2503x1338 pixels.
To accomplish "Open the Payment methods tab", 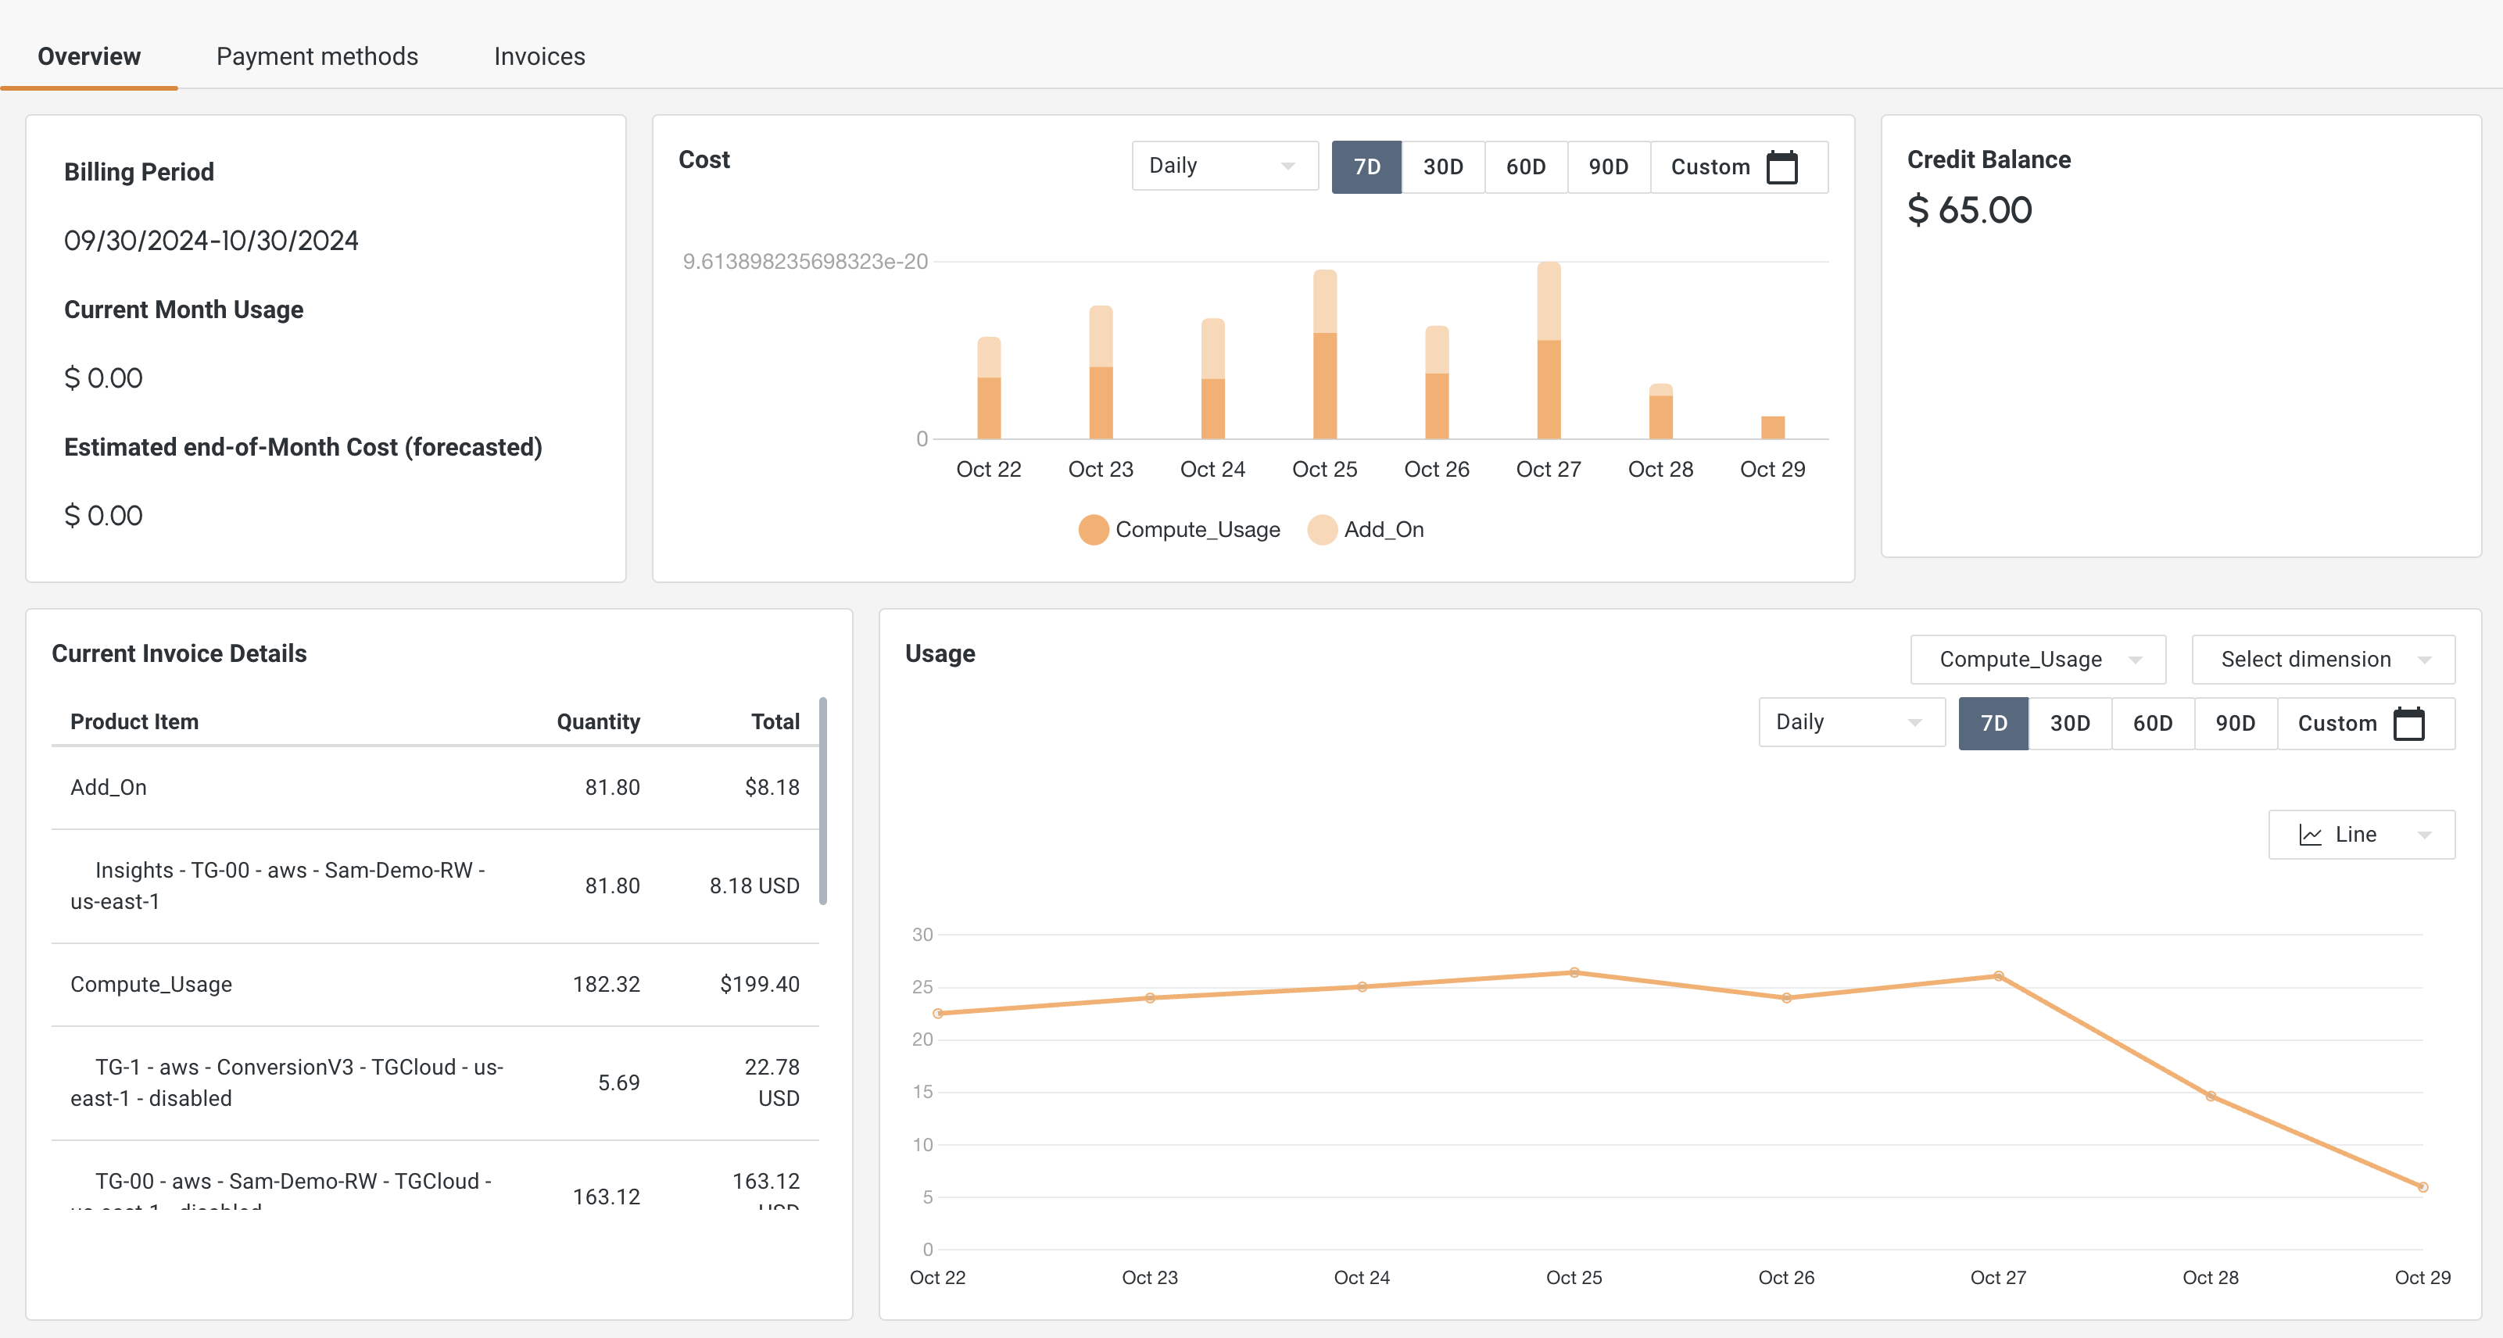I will click(x=317, y=56).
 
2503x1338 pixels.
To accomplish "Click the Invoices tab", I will click(x=539, y=56).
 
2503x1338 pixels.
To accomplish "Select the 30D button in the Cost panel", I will click(x=1442, y=166).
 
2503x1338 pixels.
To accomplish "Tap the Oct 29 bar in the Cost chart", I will click(x=1772, y=428).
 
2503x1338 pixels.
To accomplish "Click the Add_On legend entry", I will click(x=1383, y=530).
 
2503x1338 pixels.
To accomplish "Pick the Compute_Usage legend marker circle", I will click(x=1093, y=530).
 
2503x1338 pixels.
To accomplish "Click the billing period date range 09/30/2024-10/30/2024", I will click(x=211, y=240).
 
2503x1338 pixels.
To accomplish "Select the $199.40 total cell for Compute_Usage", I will click(x=759, y=984).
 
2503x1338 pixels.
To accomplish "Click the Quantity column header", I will click(x=597, y=721).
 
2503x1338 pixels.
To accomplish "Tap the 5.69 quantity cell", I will click(x=618, y=1082).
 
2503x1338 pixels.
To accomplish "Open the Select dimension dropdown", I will click(x=2322, y=660).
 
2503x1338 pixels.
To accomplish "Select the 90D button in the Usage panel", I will click(x=2234, y=723).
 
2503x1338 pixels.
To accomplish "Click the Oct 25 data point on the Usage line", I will click(x=1574, y=973).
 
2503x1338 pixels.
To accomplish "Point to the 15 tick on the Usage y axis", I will click(x=922, y=1092).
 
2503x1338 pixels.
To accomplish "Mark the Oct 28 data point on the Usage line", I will click(x=2211, y=1096).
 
